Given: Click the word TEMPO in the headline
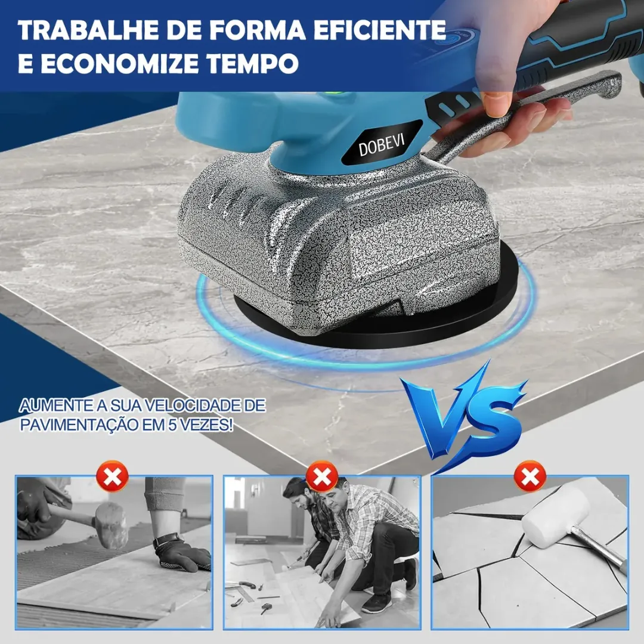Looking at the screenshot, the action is pos(252,63).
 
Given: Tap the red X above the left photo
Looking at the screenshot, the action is pos(112,476).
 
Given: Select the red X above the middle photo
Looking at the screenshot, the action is pos(322,476).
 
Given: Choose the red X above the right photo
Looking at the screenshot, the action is pos(530,476).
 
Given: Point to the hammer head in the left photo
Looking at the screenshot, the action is pos(110,526).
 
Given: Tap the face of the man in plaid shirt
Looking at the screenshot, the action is pos(333,499).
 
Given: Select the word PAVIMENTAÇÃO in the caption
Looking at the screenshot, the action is pos(80,425).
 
